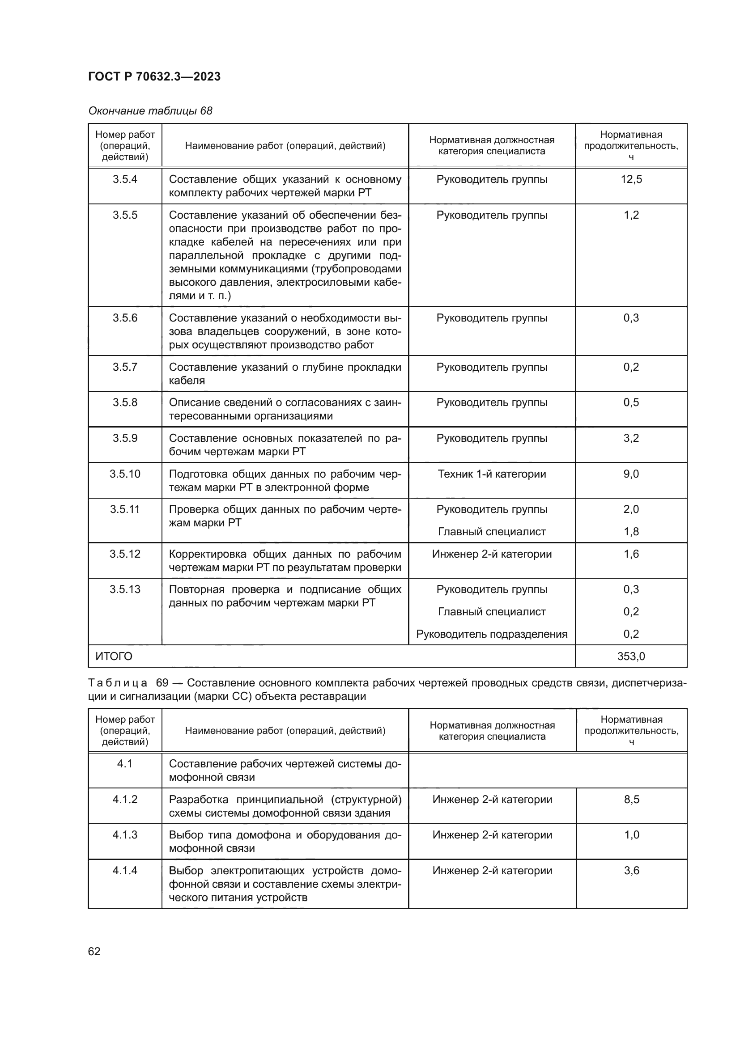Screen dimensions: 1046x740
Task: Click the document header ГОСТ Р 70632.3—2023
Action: pos(154,76)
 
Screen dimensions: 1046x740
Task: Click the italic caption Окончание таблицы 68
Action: pos(150,111)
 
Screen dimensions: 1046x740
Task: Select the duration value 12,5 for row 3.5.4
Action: pos(631,179)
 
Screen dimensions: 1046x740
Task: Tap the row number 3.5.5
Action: pos(125,215)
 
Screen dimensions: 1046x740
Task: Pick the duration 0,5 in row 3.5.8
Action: pos(631,402)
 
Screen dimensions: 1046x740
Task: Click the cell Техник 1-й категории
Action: pos(492,474)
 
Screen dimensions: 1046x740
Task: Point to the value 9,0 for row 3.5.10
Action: pos(631,474)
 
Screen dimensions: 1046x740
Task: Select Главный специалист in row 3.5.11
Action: pos(492,532)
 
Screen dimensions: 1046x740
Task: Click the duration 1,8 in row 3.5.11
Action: pos(631,532)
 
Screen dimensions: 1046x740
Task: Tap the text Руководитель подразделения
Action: pos(492,634)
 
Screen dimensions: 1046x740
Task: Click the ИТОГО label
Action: pos(114,656)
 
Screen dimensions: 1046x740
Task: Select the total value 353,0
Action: pos(631,656)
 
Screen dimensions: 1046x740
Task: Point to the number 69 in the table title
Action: pos(162,683)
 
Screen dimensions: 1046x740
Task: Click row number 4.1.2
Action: pos(125,800)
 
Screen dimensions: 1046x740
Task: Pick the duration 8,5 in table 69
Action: pos(632,800)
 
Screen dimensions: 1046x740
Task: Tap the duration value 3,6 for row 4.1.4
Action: pos(632,871)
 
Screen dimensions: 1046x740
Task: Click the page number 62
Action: pos(94,952)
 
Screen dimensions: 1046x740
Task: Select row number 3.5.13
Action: pos(125,589)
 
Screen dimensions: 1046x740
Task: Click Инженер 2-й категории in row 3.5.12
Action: pos(492,554)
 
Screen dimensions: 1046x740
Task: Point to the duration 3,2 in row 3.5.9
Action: pos(631,438)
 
